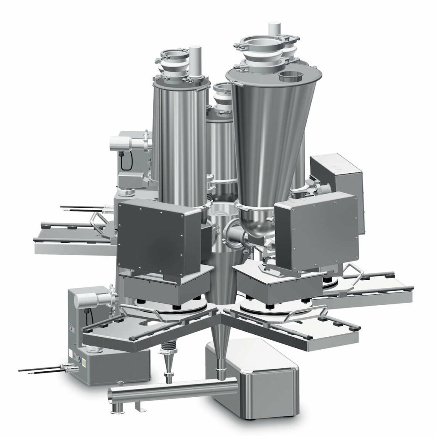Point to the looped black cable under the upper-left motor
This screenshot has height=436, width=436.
125,162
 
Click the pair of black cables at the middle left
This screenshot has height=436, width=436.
81,209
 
